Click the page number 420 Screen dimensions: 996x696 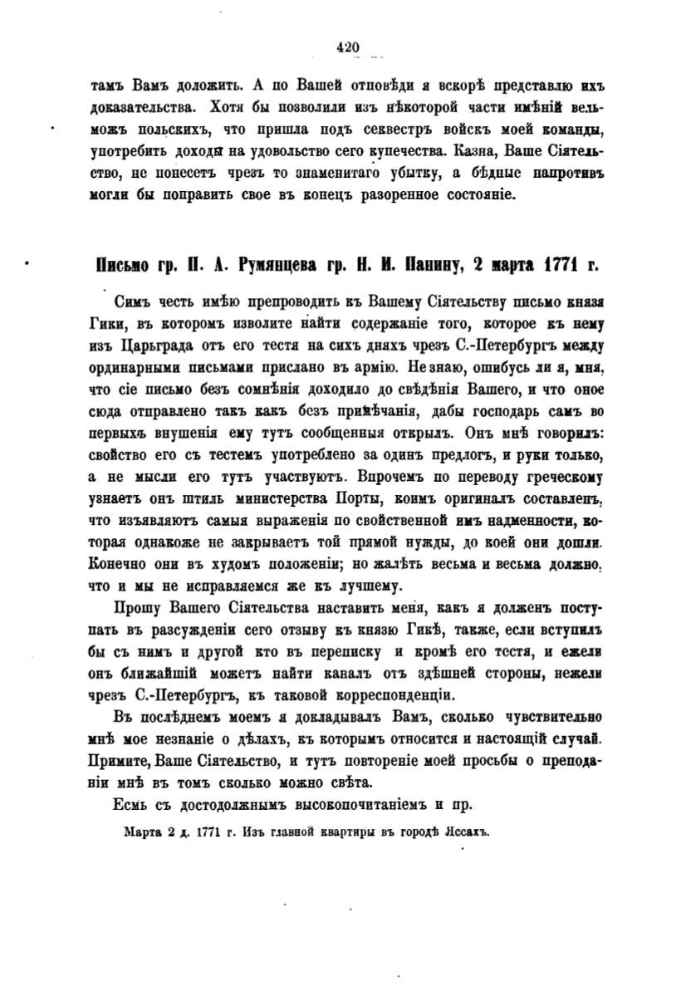[348, 47]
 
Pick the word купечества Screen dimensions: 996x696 [404, 152]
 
